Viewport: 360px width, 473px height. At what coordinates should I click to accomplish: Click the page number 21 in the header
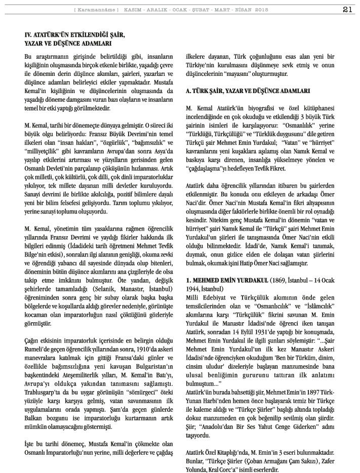coord(348,9)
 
